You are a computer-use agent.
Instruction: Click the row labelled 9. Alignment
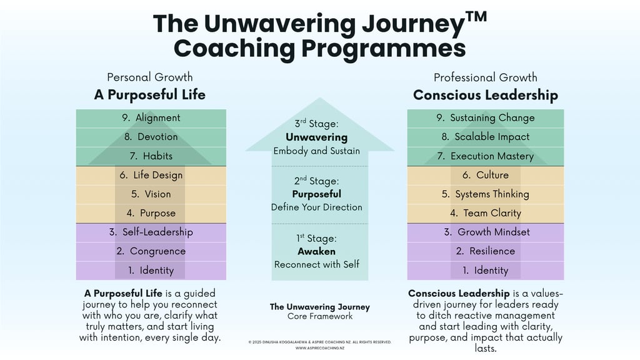(151, 118)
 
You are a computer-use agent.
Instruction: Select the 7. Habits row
(151, 156)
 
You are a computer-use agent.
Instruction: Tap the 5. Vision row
(151, 194)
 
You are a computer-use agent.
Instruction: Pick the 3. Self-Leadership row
(151, 232)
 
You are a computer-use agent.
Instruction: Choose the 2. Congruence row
(151, 251)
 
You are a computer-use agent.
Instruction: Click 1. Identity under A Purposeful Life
(151, 271)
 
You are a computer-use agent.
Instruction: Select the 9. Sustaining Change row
(485, 118)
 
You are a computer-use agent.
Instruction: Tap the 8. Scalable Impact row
(485, 137)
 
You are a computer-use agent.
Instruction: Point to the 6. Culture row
(485, 176)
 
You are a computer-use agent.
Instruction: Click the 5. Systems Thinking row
(485, 194)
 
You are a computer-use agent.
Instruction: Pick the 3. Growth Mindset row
(485, 232)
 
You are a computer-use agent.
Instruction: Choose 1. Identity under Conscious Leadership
(485, 271)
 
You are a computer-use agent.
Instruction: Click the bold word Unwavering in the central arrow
(317, 137)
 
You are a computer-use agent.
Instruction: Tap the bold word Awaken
(317, 251)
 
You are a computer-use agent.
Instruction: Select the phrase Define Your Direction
(317, 207)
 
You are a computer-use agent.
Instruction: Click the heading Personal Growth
(150, 77)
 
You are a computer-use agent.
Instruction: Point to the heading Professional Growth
(485, 77)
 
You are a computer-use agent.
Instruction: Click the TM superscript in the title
(476, 17)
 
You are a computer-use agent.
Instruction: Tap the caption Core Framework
(320, 316)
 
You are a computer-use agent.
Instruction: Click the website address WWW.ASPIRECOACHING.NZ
(320, 348)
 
